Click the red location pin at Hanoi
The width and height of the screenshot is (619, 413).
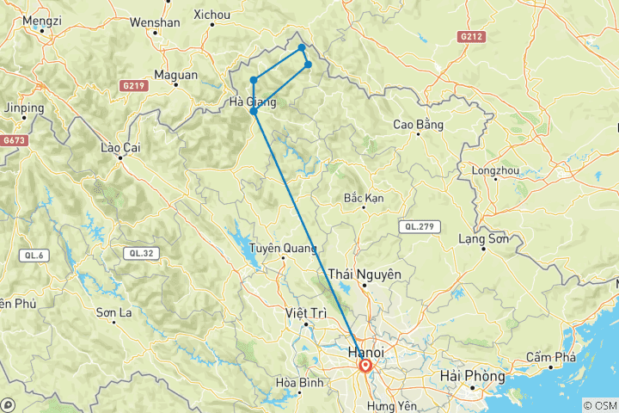pos(365,366)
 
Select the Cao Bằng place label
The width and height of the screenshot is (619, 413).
pos(418,125)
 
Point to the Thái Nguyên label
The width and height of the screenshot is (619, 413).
pos(365,273)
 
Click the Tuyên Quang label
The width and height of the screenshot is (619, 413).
pos(278,249)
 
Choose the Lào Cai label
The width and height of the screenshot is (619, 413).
pos(120,148)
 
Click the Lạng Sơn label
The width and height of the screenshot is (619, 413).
pos(484,238)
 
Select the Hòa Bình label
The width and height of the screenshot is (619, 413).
pos(297,382)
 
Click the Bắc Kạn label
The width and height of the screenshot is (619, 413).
pos(363,198)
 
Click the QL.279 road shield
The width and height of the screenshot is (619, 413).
pos(420,226)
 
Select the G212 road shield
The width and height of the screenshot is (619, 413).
pos(471,37)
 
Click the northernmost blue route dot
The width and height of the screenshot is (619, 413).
pos(302,47)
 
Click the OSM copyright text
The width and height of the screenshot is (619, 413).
pos(599,405)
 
